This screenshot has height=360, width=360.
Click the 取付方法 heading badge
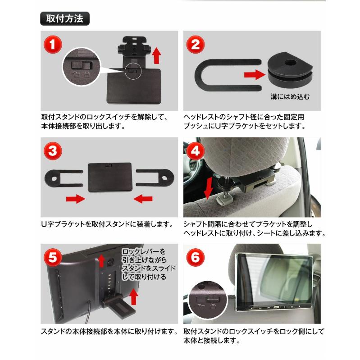[65, 18]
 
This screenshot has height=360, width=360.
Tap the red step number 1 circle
[53, 45]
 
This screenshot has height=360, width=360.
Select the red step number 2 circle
[196, 45]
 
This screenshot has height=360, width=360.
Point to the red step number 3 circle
[53, 151]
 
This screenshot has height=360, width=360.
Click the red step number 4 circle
[196, 151]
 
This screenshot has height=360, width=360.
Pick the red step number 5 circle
[53, 257]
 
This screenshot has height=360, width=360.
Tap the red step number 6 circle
[196, 257]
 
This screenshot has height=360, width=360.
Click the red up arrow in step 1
[157, 55]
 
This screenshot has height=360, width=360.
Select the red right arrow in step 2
[255, 75]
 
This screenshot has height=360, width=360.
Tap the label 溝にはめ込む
[290, 96]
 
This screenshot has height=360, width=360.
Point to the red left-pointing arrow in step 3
[143, 199]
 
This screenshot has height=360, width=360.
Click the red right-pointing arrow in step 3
[76, 199]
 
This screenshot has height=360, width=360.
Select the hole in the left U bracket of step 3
[54, 178]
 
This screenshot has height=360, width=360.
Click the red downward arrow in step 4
[209, 187]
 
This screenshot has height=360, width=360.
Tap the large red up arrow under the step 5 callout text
[134, 297]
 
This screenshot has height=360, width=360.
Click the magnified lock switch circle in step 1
[82, 67]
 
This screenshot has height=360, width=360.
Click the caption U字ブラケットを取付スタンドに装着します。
[108, 224]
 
